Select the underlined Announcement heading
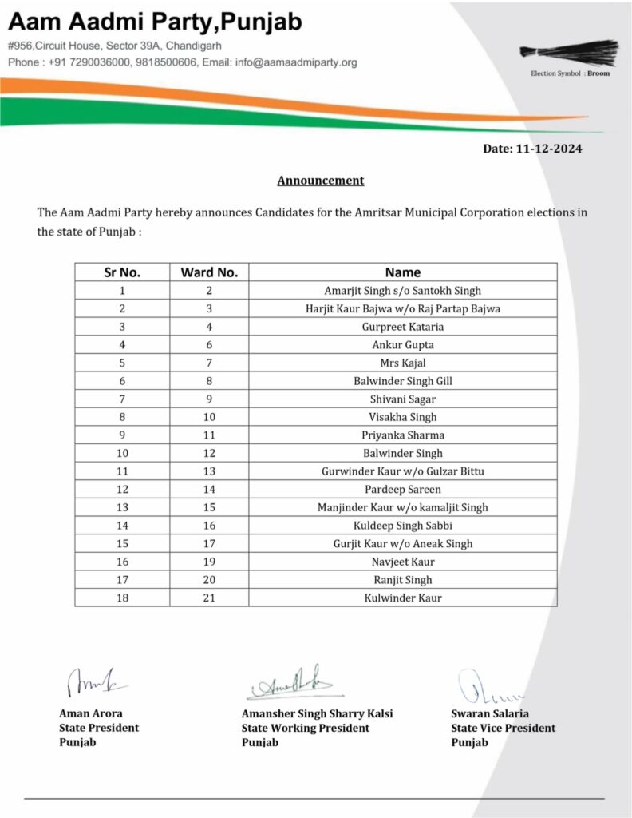(320, 181)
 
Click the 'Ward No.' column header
(209, 272)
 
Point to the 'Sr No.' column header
(122, 272)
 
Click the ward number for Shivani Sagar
(209, 399)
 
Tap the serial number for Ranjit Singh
(122, 580)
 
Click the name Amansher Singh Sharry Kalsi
(317, 713)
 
